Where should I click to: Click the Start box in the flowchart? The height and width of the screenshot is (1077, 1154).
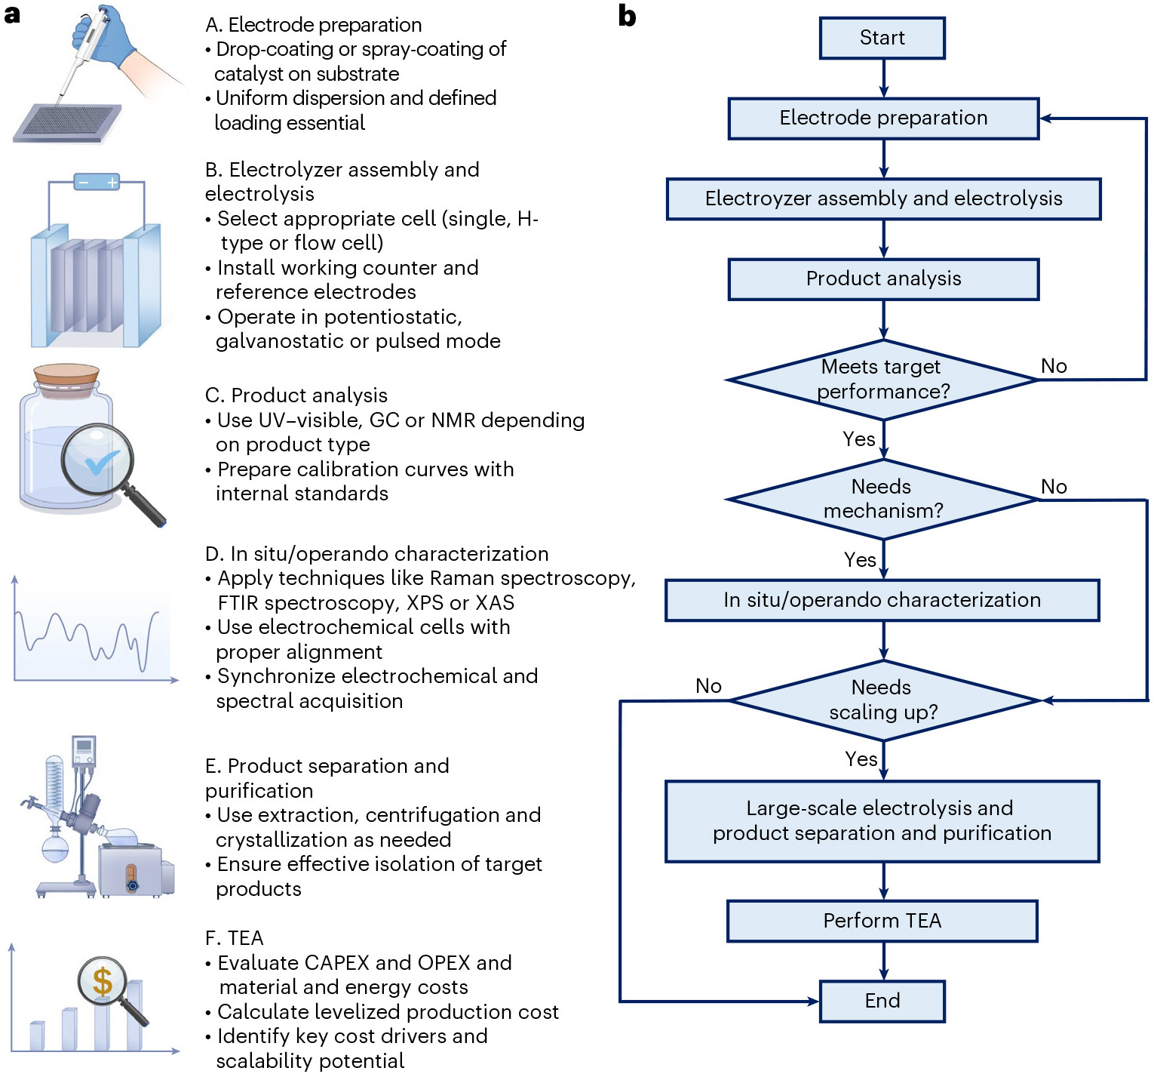pos(882,38)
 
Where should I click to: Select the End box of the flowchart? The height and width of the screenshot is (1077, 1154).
pos(882,1001)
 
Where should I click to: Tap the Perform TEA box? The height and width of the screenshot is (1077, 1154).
pos(882,921)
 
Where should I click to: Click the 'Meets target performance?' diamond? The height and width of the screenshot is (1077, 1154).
pos(882,380)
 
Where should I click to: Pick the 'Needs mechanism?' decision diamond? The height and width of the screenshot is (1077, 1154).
pos(882,499)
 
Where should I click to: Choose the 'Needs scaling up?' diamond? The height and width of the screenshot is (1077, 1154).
pos(883,700)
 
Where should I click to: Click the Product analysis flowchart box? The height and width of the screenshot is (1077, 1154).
pos(883,278)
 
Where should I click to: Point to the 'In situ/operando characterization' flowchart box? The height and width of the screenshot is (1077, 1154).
pos(882,600)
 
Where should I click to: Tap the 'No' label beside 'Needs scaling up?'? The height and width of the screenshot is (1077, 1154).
pos(708,686)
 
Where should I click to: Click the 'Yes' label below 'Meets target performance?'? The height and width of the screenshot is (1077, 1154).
pos(858,439)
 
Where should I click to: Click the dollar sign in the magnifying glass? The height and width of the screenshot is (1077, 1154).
pos(103,982)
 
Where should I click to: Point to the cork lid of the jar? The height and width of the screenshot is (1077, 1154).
pos(66,376)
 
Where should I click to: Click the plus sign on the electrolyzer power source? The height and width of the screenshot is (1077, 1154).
pos(112,183)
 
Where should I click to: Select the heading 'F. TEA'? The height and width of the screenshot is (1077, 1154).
pos(234,938)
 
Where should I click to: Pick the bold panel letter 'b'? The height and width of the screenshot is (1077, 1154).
pos(627,16)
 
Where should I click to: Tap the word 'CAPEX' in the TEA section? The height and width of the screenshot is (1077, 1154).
pos(336,963)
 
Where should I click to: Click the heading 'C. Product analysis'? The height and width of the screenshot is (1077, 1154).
pos(296,395)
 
